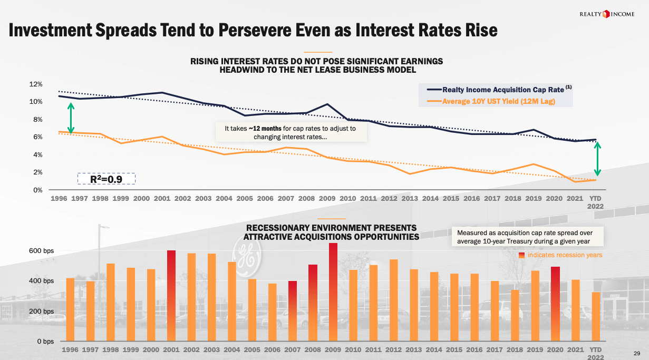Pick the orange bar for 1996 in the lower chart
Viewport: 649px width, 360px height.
click(70, 309)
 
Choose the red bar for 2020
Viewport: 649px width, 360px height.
click(556, 304)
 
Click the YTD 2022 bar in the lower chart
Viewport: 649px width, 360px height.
click(596, 316)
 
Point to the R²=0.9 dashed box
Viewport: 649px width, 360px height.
click(106, 179)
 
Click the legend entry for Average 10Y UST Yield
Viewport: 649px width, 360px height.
click(498, 101)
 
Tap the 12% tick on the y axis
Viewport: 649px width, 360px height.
click(35, 84)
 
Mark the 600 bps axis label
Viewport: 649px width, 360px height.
click(41, 251)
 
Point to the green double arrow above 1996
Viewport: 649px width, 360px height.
click(71, 118)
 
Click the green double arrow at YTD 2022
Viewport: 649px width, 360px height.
click(597, 159)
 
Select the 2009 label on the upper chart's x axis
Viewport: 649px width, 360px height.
click(327, 199)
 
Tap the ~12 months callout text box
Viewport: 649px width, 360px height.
click(290, 132)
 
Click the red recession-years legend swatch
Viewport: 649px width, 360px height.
click(521, 255)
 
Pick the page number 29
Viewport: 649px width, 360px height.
click(636, 353)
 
